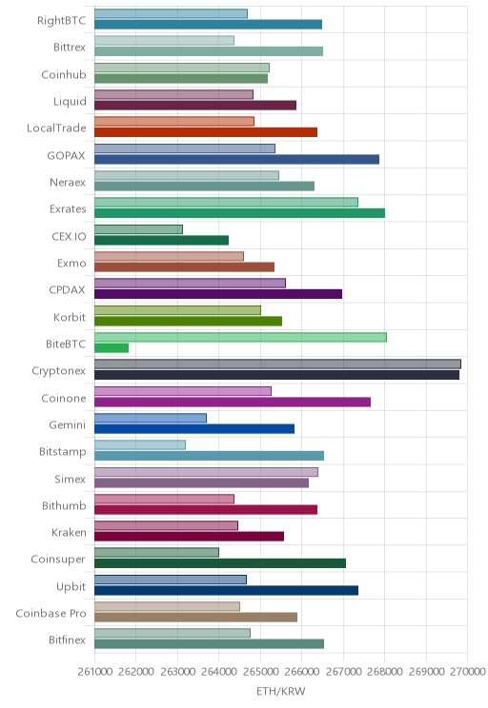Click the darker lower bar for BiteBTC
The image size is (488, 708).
pos(112,347)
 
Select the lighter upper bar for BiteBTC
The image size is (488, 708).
pos(240,337)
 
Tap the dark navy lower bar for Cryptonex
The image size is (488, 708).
pos(276,375)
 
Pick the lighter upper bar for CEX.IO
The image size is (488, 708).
pos(138,229)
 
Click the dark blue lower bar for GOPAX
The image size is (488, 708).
pos(237,159)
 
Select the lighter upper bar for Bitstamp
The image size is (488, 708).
pos(140,444)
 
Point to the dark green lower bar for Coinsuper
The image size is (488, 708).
pos(220,563)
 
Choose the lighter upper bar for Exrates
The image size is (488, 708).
pos(226,203)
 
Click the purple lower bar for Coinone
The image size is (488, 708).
pos(233,402)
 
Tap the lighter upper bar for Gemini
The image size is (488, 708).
pos(151,418)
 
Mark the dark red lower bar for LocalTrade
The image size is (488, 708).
pos(206,132)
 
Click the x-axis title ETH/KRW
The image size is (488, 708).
pos(281,691)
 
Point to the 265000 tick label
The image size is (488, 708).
pos(260,672)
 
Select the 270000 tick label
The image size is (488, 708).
pos(468,672)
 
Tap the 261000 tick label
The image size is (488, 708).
pos(95,672)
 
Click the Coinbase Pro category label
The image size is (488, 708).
pos(51,613)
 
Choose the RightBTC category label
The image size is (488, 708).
pos(62,20)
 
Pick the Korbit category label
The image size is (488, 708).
pos(70,317)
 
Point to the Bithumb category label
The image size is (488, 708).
pos(64,505)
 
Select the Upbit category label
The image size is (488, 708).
pos(71,586)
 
